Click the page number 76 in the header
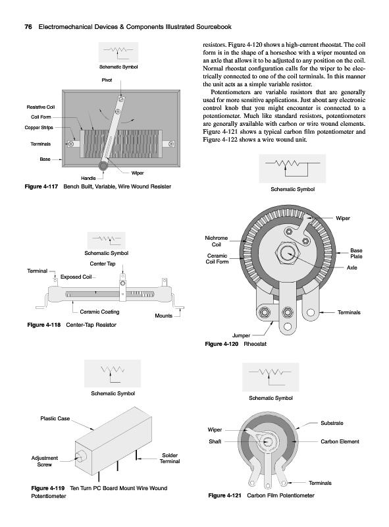tap(28, 27)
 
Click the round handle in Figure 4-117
tap(103, 165)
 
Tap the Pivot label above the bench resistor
tap(107, 80)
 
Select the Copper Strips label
tap(39, 127)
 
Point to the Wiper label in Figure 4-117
tap(138, 173)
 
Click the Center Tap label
tap(103, 264)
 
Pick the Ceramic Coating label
tap(99, 312)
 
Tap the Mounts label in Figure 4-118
tap(164, 316)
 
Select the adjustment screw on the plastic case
tap(80, 457)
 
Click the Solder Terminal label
tap(170, 458)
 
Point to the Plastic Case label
tap(55, 418)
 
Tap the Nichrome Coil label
tap(217, 241)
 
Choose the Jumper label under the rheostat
tap(241, 335)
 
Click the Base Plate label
tap(356, 254)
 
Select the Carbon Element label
tap(340, 441)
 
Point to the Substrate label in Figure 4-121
tap(332, 423)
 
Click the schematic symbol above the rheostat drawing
tap(292, 167)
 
